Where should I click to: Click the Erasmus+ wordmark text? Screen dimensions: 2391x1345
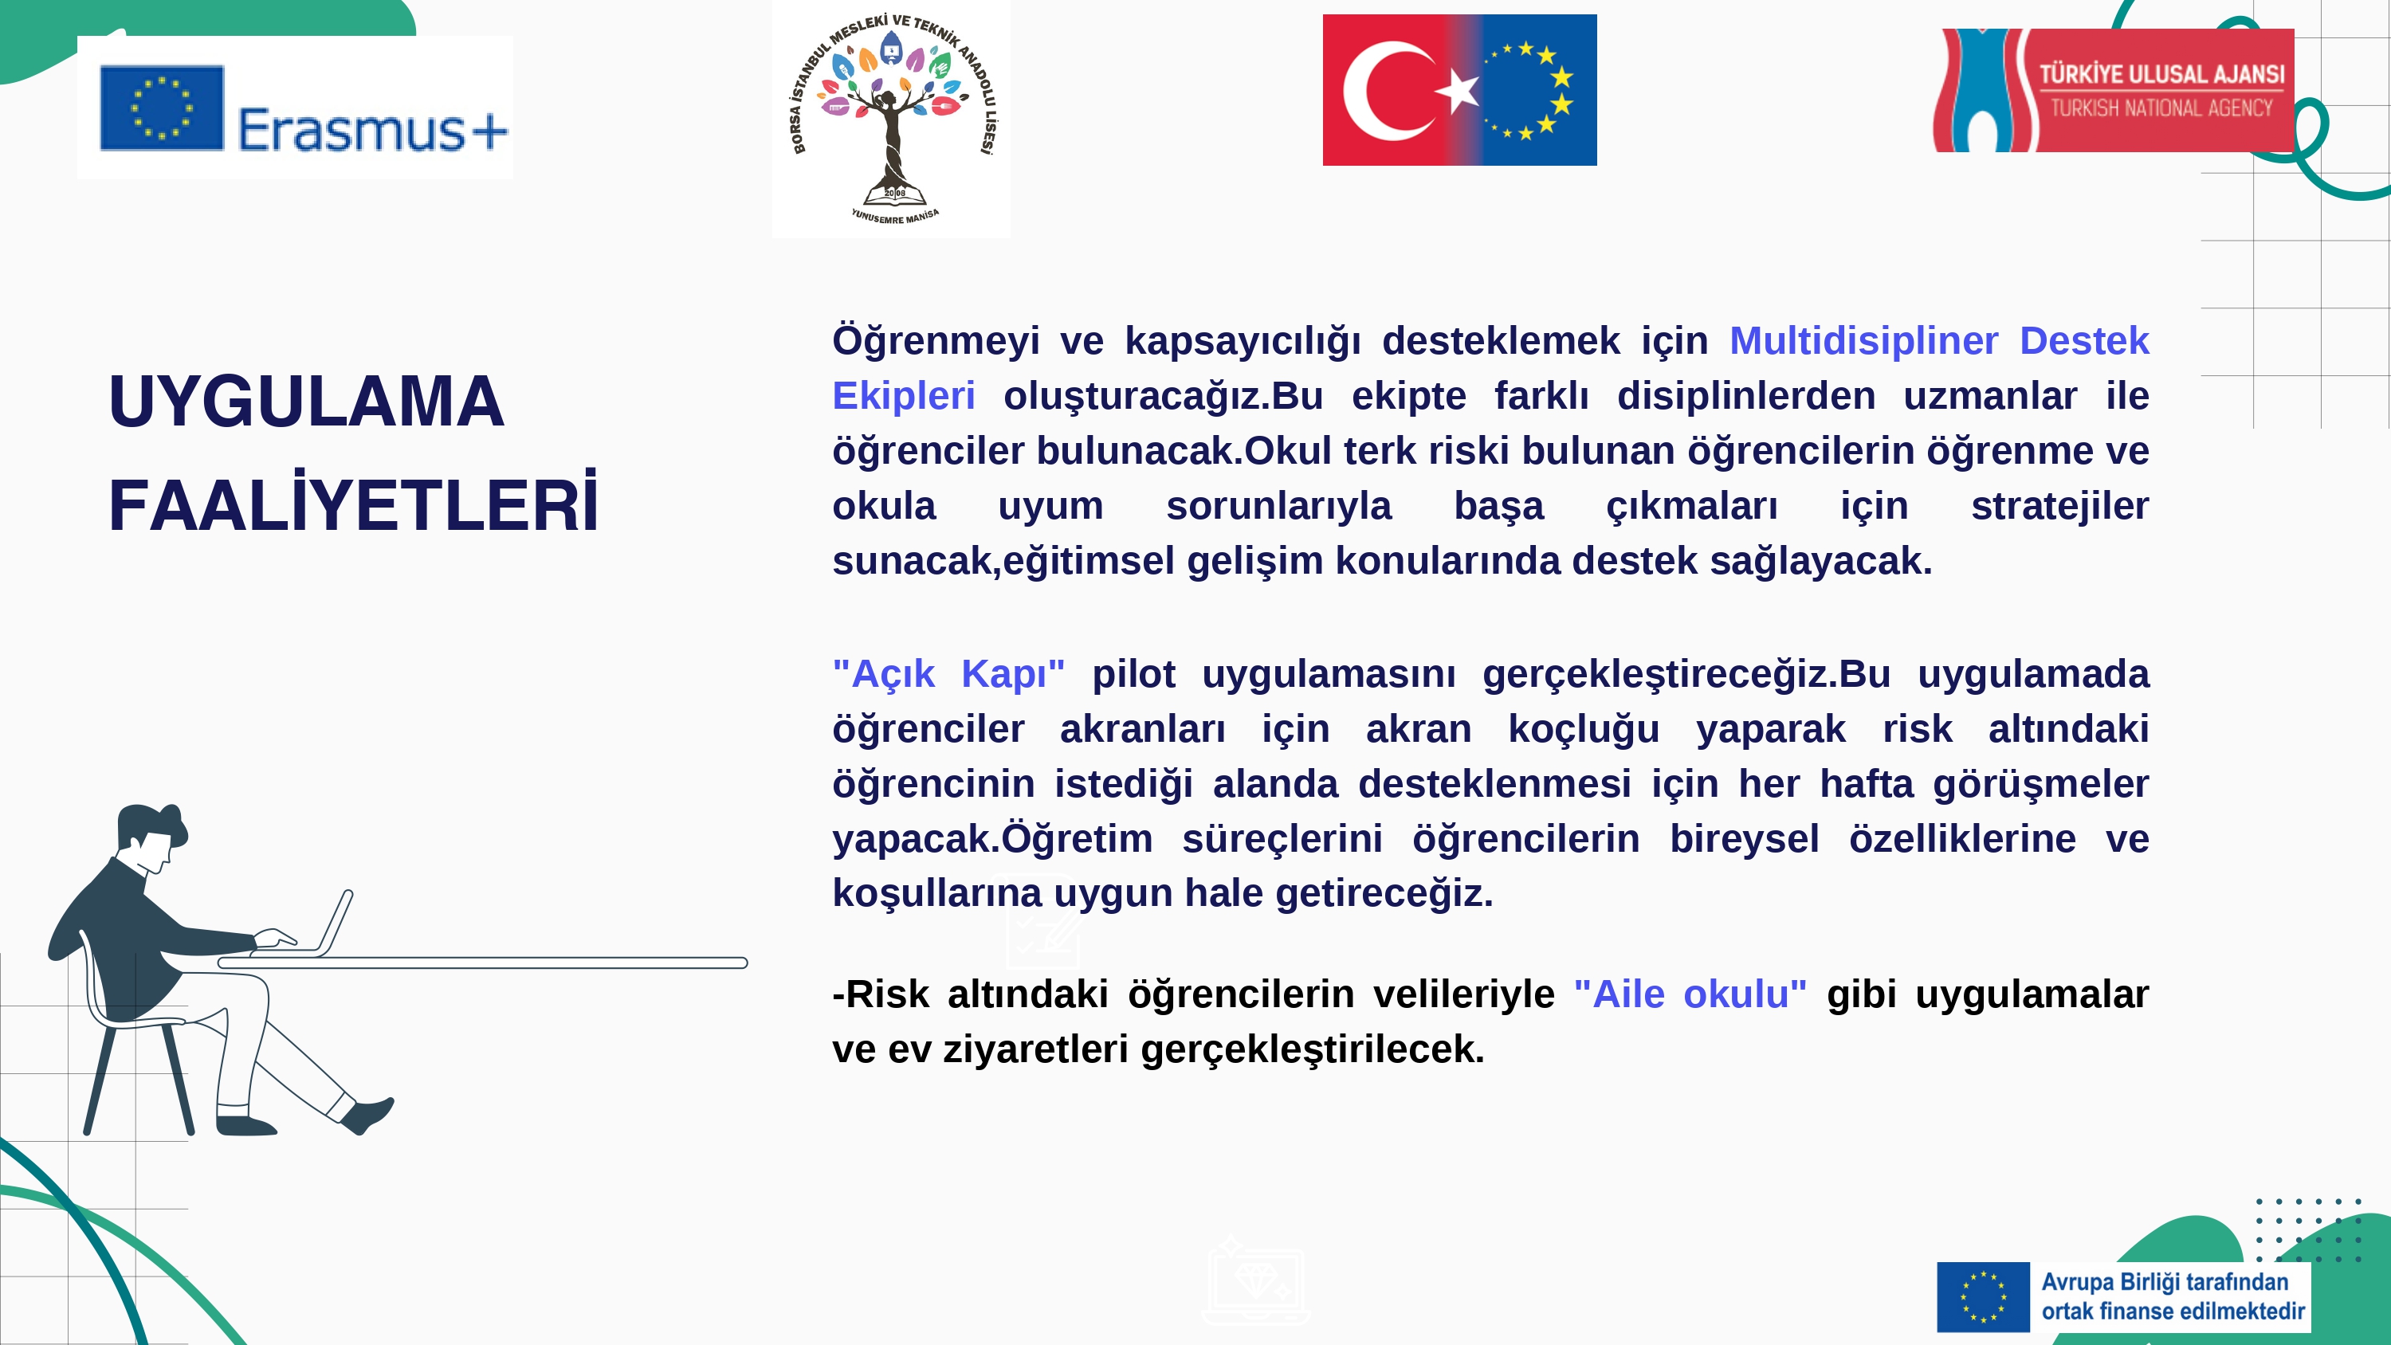point(373,129)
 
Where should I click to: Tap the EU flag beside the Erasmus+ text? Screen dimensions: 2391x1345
point(162,108)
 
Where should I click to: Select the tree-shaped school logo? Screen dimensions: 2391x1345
point(892,119)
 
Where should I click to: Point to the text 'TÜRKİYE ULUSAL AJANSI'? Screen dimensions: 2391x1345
point(2161,73)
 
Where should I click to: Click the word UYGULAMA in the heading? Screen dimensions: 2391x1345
point(306,401)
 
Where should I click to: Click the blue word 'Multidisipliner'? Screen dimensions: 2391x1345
point(1863,341)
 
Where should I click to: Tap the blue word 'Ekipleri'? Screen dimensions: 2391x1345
point(903,395)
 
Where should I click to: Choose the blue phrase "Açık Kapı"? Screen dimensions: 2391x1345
point(948,673)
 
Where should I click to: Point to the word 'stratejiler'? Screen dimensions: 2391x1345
point(2059,506)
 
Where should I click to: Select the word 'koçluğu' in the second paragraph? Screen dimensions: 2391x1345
point(1584,728)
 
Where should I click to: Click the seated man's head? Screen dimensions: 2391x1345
point(152,837)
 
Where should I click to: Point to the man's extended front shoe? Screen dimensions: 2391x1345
point(367,1115)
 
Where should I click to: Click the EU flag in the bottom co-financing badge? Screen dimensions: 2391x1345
point(1983,1296)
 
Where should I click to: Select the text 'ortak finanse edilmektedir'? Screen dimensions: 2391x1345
point(2173,1311)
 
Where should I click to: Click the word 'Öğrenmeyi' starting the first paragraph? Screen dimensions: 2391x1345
point(936,341)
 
